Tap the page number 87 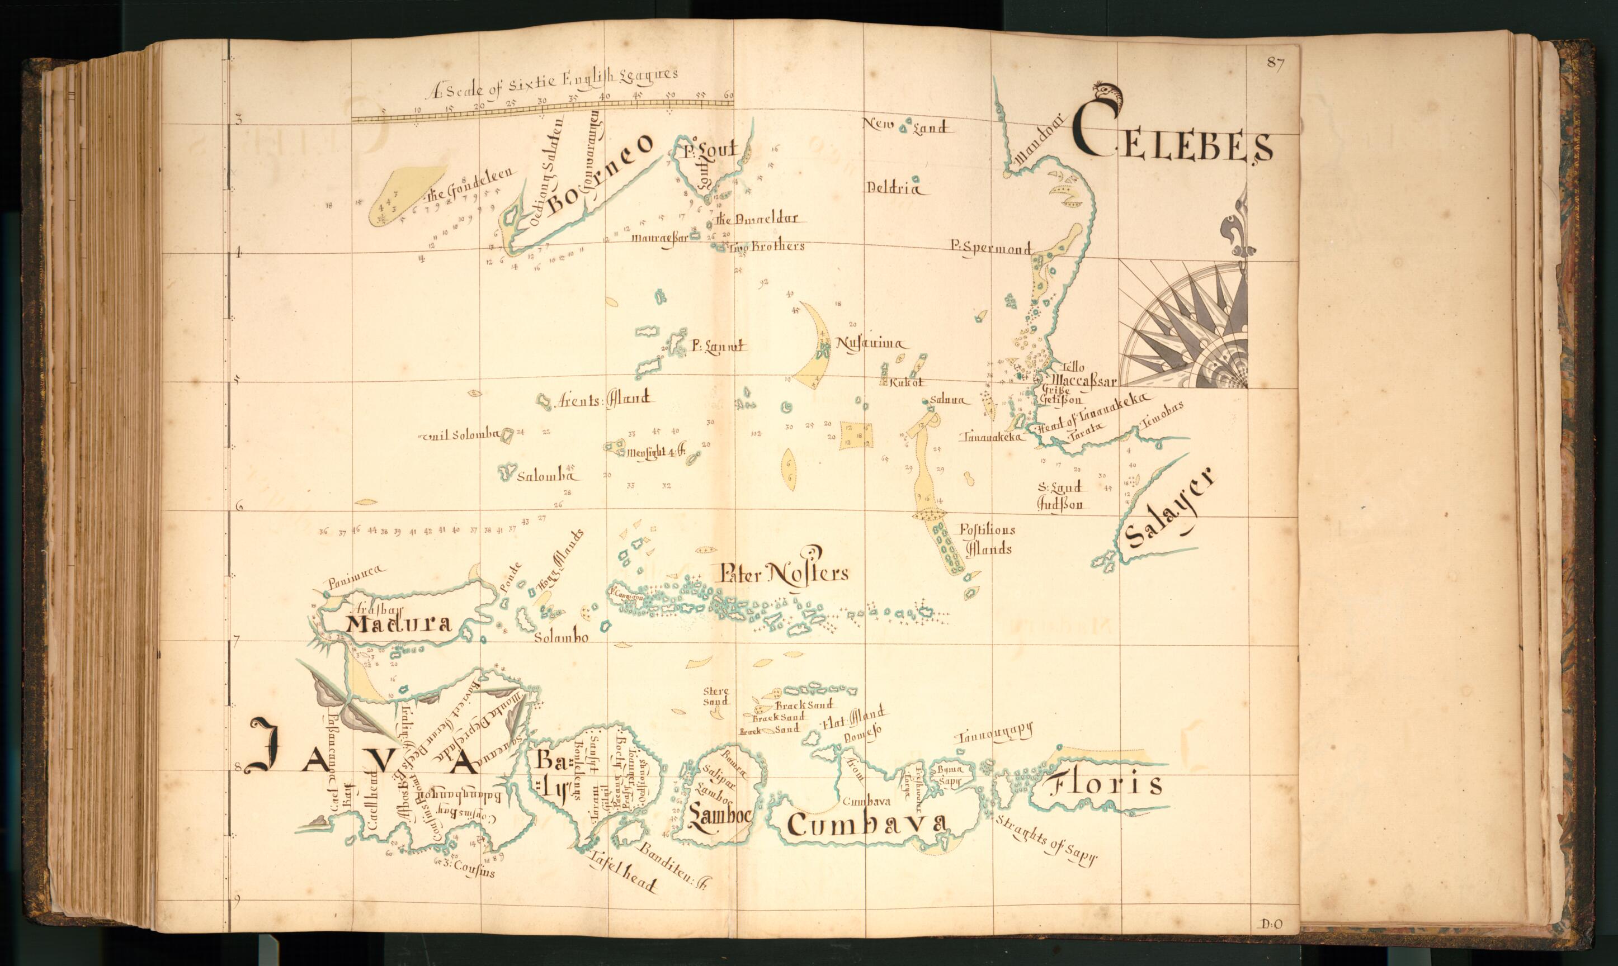[x=1275, y=63]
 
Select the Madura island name [x=398, y=624]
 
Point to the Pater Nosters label [x=784, y=574]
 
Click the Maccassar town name [x=1084, y=380]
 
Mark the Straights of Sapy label [x=1046, y=840]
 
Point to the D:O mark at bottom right [x=1271, y=924]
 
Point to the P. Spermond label [x=990, y=247]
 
